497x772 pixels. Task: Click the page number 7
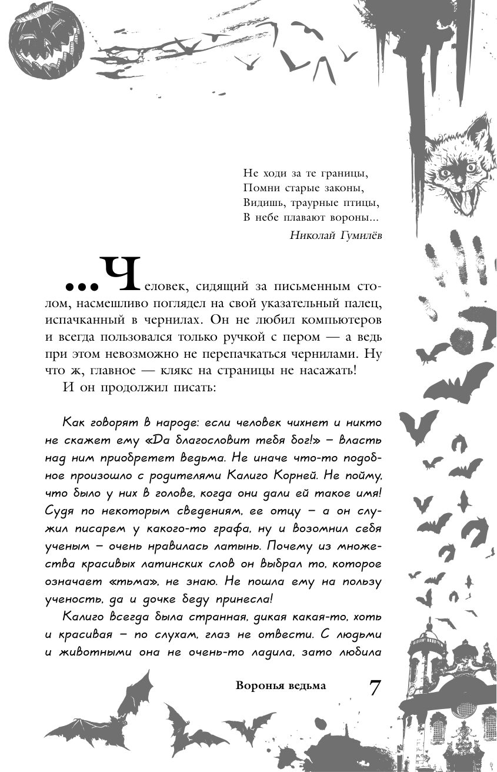(x=375, y=687)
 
